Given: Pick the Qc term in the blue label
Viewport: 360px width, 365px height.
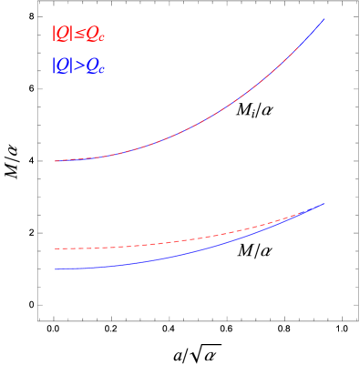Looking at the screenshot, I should point(94,67).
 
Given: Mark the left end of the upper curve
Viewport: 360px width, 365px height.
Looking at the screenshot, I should point(56,161).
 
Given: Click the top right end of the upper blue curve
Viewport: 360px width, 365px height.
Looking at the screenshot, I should point(324,19).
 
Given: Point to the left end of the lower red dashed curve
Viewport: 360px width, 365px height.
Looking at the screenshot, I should point(56,248).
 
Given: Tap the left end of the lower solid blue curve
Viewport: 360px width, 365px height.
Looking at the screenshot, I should point(56,269).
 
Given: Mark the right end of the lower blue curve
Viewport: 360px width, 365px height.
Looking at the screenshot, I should point(324,204).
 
